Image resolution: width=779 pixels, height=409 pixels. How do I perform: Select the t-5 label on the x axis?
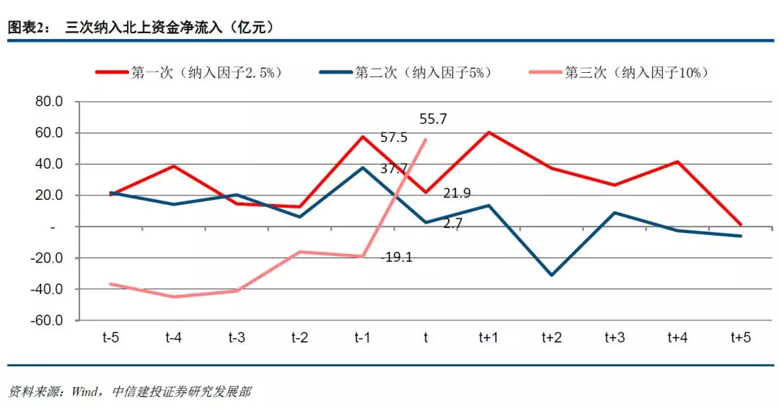[110, 337]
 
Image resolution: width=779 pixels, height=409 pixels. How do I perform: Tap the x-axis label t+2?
[551, 337]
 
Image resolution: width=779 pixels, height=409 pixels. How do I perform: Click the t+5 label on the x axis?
[741, 337]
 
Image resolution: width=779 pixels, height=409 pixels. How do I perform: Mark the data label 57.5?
[395, 137]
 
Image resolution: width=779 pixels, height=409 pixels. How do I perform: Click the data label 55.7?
[433, 120]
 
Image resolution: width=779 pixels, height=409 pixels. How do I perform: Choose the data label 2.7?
[453, 224]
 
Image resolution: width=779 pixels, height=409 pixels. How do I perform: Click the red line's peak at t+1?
[488, 132]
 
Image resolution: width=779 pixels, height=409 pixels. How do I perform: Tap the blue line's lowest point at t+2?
[551, 275]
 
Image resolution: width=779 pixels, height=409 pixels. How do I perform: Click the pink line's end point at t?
[426, 140]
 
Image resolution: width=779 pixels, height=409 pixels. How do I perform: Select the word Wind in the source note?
[84, 392]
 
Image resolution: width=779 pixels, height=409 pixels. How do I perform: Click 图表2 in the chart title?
[27, 27]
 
